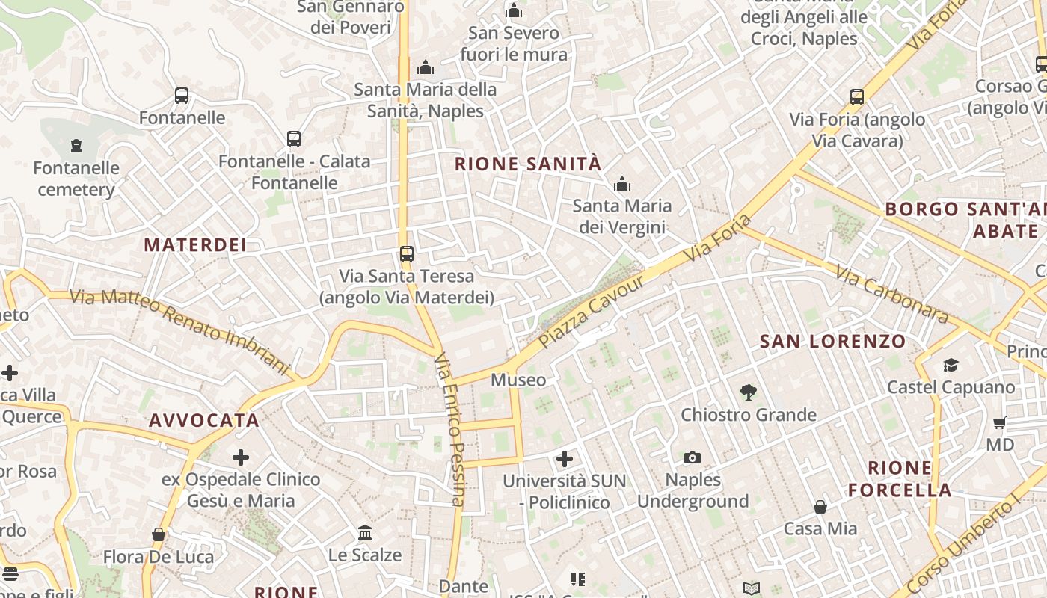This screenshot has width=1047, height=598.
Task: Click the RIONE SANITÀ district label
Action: click(x=528, y=164)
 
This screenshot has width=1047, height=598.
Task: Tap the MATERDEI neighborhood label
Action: click(x=195, y=245)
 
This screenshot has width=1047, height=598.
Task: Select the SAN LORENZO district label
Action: click(x=832, y=342)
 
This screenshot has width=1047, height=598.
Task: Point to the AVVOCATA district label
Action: click(x=203, y=420)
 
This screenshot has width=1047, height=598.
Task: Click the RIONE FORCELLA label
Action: click(x=900, y=479)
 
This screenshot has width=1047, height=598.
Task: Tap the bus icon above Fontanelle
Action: click(x=182, y=96)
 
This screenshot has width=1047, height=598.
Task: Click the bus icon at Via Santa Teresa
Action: click(x=407, y=254)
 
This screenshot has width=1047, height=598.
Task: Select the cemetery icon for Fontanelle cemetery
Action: click(x=76, y=145)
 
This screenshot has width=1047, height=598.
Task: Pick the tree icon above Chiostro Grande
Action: click(x=747, y=392)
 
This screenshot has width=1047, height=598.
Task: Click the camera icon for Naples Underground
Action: click(x=693, y=457)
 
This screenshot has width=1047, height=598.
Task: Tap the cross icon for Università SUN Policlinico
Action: click(x=565, y=458)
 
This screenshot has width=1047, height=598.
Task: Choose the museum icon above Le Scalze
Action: click(x=365, y=532)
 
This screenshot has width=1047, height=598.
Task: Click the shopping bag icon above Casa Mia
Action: click(x=820, y=507)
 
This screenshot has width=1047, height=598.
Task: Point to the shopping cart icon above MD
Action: click(x=1000, y=423)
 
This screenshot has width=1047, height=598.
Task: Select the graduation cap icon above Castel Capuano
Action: click(x=951, y=365)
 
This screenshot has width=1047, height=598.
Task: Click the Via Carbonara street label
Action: click(x=891, y=295)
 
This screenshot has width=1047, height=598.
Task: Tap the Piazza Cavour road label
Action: click(x=591, y=312)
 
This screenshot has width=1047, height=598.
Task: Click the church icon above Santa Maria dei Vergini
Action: click(x=622, y=184)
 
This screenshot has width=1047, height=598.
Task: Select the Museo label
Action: click(x=518, y=380)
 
